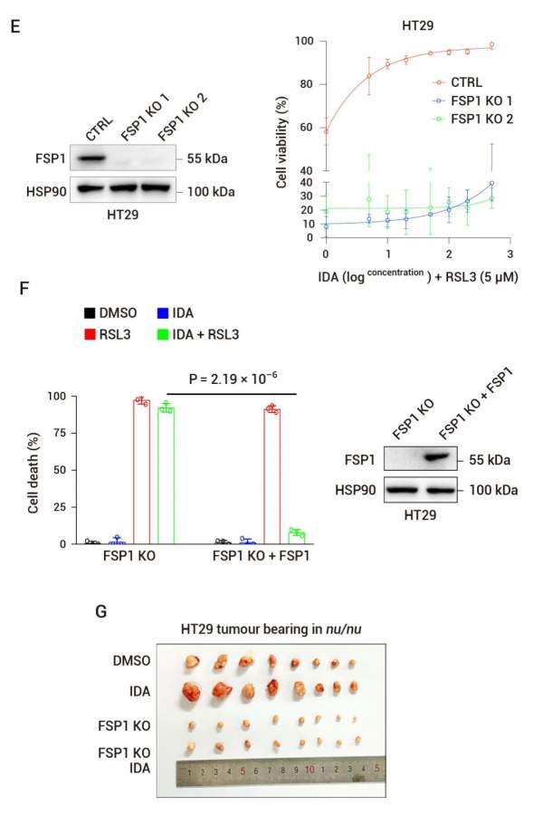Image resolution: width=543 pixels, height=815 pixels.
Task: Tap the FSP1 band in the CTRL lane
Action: (x=91, y=160)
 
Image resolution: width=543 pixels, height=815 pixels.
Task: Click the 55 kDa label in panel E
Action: (x=207, y=159)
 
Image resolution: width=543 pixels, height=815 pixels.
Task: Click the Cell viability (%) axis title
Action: (x=281, y=139)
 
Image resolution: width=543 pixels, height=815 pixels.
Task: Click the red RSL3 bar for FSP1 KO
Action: (x=141, y=471)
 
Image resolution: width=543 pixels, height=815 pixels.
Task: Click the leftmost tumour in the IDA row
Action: (x=192, y=694)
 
